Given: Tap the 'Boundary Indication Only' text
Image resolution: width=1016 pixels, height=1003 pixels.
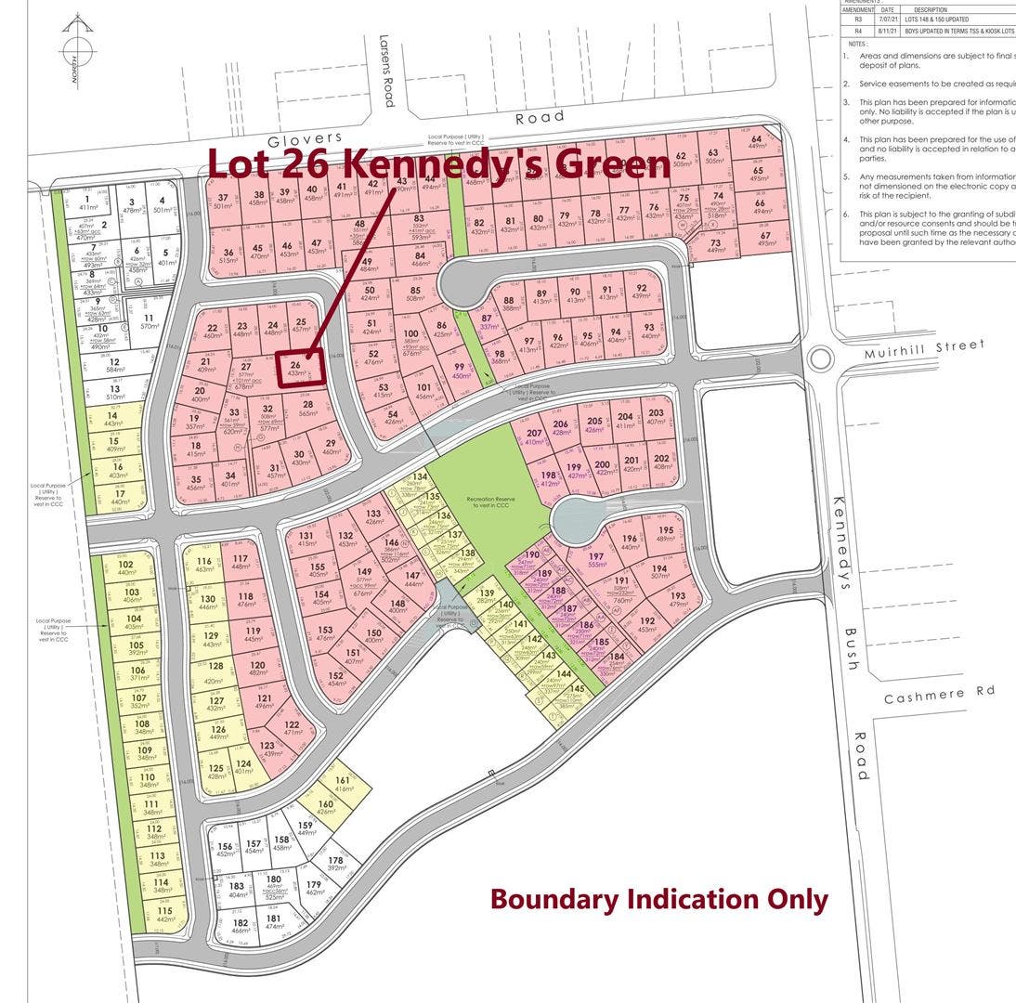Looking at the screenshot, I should pyautogui.click(x=658, y=899).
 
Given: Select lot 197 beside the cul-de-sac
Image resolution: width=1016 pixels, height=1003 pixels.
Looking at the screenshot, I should pyautogui.click(x=596, y=560).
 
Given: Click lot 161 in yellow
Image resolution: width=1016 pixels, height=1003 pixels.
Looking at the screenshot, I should pyautogui.click(x=343, y=785).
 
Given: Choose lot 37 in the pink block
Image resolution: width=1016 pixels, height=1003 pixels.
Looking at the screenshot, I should pyautogui.click(x=222, y=202).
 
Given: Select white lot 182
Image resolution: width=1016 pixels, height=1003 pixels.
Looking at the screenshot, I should pyautogui.click(x=240, y=925).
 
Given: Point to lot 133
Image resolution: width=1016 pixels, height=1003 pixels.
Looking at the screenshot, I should pyautogui.click(x=373, y=517).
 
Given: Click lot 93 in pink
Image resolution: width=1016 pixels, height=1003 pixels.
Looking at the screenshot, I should pyautogui.click(x=648, y=332).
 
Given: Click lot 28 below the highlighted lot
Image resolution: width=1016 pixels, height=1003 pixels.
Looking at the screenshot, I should pyautogui.click(x=308, y=409).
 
